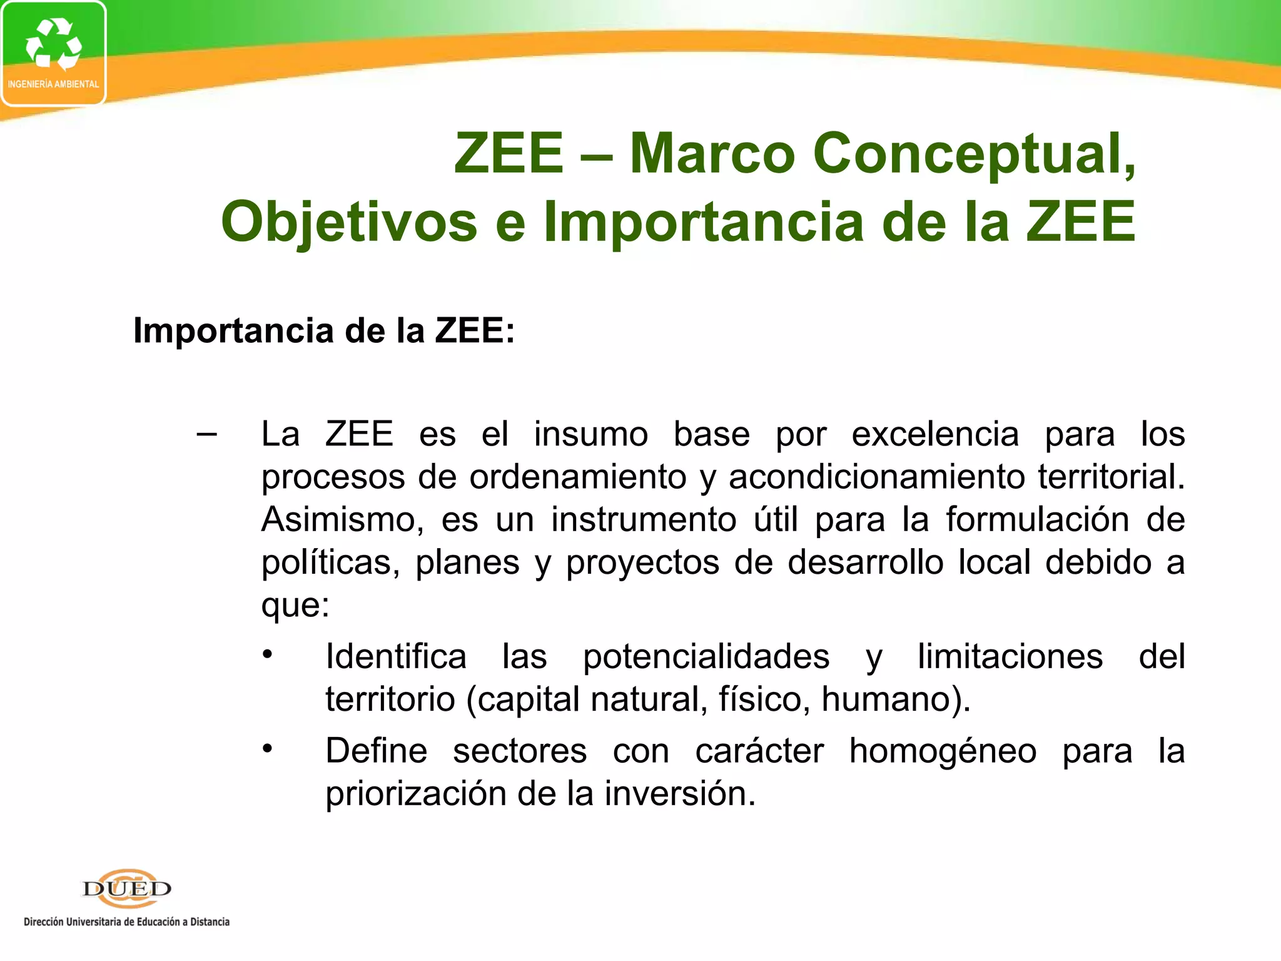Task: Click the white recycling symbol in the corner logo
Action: tap(53, 44)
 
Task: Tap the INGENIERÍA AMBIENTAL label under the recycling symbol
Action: tap(53, 84)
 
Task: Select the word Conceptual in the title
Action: tap(973, 155)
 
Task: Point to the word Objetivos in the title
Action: tap(349, 222)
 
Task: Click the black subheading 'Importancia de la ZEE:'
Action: tap(324, 330)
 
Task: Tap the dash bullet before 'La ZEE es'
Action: tap(207, 434)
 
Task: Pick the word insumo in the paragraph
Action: tap(590, 434)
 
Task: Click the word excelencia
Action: tap(935, 434)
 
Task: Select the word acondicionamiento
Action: tap(876, 477)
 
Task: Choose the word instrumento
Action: tap(644, 520)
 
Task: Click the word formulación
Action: tap(1037, 520)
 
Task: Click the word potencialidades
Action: tap(706, 657)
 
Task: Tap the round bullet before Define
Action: tap(268, 749)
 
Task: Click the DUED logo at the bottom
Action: tap(127, 888)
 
